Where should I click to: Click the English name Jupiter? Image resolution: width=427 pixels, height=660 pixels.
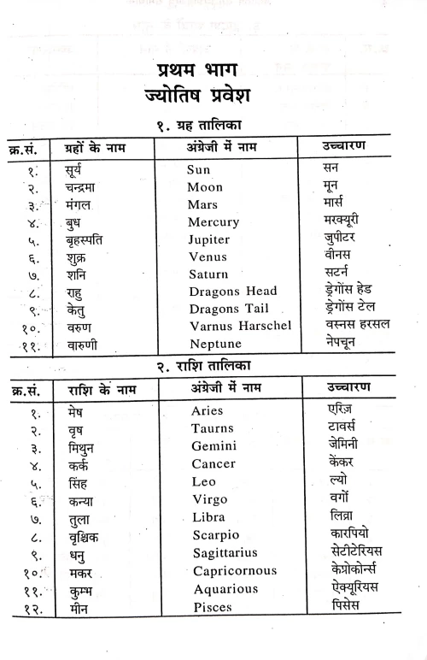coord(209,239)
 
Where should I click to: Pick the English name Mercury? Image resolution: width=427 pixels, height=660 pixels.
coord(213,222)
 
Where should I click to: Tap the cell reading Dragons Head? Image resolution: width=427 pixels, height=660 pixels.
coord(232,292)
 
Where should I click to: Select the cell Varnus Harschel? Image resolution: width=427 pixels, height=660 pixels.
coord(240,326)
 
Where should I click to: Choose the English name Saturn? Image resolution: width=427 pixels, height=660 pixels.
coord(209,274)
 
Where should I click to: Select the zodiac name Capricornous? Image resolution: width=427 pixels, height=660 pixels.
coord(234,571)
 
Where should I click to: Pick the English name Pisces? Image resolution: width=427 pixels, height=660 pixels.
coord(212,608)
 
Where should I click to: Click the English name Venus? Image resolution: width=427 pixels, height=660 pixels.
coord(208,256)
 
